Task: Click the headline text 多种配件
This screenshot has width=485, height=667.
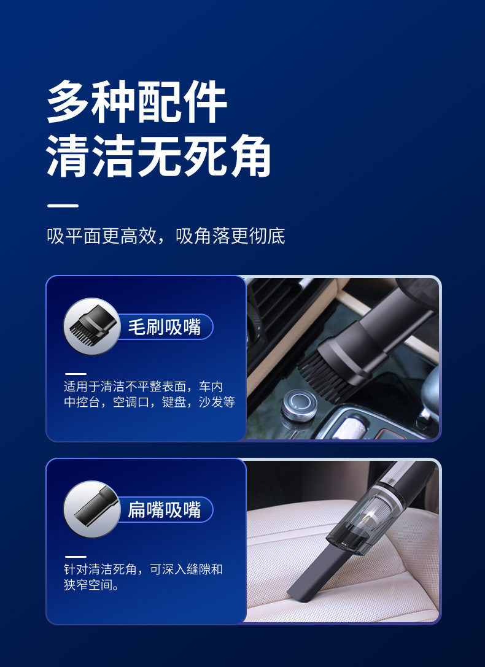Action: [x=137, y=102]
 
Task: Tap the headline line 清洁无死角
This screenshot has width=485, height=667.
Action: [x=159, y=158]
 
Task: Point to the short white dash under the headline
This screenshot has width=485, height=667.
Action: [x=63, y=206]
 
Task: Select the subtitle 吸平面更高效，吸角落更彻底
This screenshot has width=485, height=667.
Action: [x=166, y=236]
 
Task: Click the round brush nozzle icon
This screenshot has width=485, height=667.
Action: [x=91, y=326]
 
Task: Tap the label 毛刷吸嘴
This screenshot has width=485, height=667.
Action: [x=164, y=327]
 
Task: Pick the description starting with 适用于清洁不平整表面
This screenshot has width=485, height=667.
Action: [x=149, y=395]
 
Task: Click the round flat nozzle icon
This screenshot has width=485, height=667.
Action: [x=91, y=509]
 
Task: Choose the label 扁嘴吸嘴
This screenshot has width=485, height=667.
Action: [x=164, y=510]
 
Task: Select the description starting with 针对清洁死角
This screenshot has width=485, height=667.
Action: [x=143, y=577]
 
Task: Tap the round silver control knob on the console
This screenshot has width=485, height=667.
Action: [x=300, y=405]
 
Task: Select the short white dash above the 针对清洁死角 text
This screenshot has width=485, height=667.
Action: [x=76, y=557]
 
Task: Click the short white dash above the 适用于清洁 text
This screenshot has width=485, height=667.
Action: [x=76, y=374]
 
